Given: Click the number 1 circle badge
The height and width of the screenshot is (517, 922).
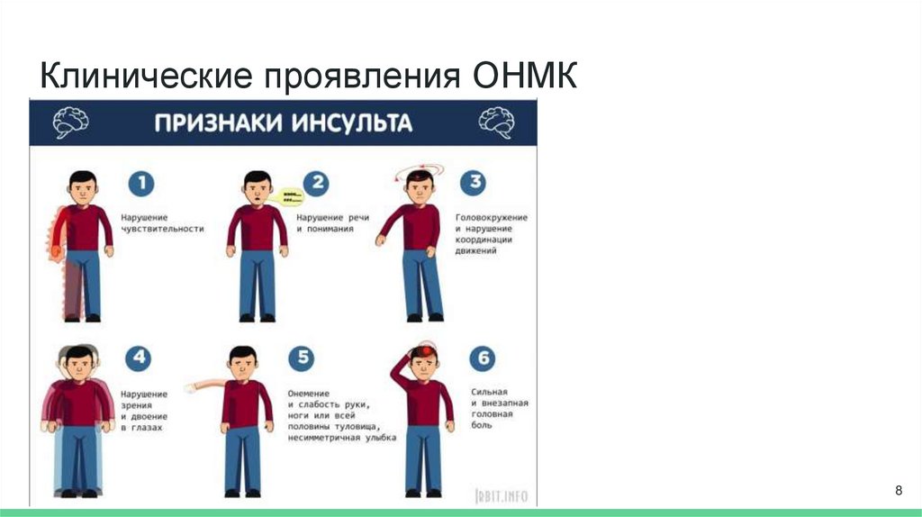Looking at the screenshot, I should (x=140, y=184).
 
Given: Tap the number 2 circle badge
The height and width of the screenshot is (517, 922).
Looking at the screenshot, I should (x=315, y=184).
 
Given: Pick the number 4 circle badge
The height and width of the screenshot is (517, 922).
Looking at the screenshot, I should (x=139, y=358).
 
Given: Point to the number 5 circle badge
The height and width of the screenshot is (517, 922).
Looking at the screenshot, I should (x=302, y=358).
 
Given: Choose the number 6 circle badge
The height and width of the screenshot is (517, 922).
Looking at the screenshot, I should (x=483, y=358).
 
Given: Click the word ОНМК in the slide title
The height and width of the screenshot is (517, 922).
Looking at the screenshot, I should (x=524, y=75).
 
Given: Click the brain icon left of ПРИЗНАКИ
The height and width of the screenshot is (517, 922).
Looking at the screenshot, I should (x=69, y=122).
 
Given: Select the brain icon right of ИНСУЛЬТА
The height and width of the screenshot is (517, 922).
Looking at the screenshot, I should (x=496, y=122).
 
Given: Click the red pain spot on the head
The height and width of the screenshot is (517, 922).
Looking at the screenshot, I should (x=420, y=349).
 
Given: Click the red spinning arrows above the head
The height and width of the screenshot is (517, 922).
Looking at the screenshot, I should (x=420, y=169).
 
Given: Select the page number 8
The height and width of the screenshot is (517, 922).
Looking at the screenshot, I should (x=898, y=490).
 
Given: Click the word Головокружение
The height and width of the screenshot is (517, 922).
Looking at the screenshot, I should (x=492, y=218).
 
